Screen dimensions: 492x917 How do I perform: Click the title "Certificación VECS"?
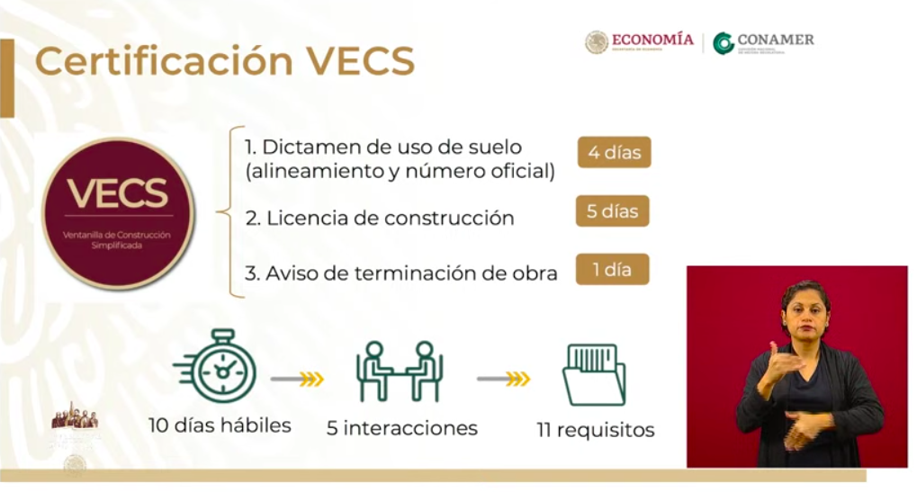click(225, 62)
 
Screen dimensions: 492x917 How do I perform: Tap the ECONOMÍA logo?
click(640, 42)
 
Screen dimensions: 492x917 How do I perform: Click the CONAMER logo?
click(764, 42)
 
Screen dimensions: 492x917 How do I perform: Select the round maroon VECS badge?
click(118, 213)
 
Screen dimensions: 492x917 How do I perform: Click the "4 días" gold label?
click(614, 152)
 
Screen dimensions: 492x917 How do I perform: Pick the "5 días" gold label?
click(613, 211)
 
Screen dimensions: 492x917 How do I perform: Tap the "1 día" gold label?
click(613, 270)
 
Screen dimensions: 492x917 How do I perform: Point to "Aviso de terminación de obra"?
click(400, 273)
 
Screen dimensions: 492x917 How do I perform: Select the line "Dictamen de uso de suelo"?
click(382, 147)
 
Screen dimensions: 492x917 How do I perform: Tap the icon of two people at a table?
click(399, 371)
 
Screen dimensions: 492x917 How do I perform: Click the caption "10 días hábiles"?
click(220, 425)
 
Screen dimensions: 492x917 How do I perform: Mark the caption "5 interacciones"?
click(401, 428)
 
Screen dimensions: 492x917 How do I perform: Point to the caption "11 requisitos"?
click(596, 430)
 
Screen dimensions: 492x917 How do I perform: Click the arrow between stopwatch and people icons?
click(297, 379)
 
